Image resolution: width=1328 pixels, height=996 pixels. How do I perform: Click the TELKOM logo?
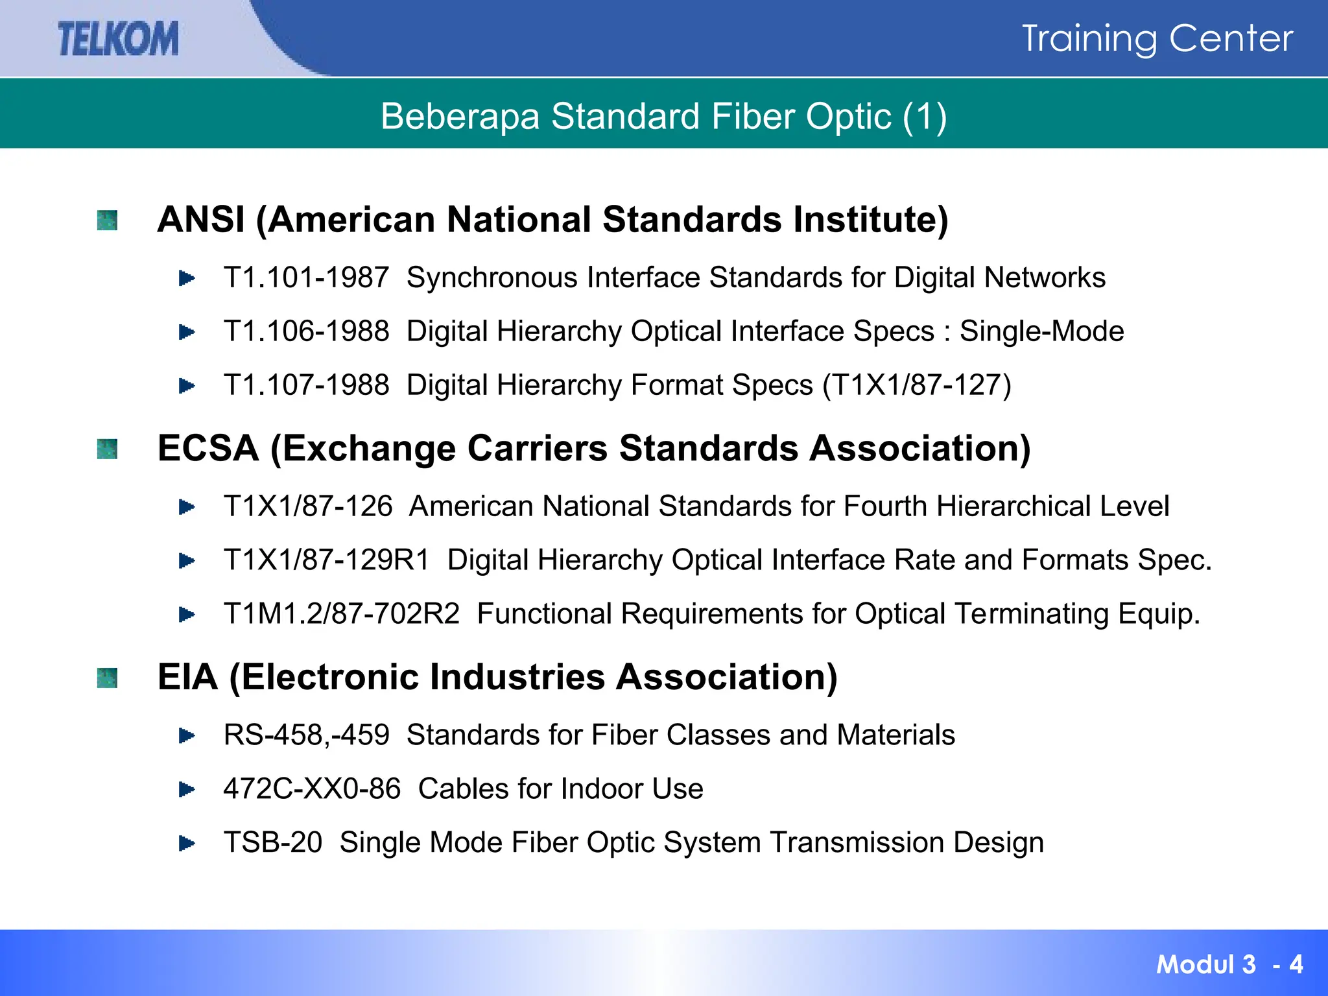tap(118, 38)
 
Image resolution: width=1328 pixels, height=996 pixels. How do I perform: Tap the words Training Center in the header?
tap(1157, 38)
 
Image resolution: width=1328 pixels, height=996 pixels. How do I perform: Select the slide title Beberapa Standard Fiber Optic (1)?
tap(663, 117)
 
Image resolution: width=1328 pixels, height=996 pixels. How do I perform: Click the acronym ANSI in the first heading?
tap(201, 219)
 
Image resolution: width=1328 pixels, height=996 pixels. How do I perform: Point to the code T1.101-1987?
tap(306, 278)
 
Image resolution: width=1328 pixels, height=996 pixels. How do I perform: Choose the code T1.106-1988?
tap(306, 331)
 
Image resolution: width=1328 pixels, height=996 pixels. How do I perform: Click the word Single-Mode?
tap(1041, 331)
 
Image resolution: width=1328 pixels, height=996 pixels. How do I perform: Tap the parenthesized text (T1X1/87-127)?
tap(916, 385)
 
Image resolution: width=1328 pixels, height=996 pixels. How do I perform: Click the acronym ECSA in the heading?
tap(208, 448)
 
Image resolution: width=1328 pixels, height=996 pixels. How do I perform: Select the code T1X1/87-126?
tap(308, 506)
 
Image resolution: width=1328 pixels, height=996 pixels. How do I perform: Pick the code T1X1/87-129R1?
tap(326, 560)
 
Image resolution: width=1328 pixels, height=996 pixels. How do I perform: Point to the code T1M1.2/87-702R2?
tap(341, 614)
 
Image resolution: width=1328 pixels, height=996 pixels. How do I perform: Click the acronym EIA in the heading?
tap(187, 677)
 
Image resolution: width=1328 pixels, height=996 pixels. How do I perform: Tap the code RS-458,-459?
tap(306, 735)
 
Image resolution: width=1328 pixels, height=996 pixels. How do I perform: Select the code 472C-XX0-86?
tap(312, 789)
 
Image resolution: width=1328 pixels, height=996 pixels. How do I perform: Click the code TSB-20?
tap(272, 843)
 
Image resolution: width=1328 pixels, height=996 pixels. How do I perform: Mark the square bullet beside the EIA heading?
tap(107, 678)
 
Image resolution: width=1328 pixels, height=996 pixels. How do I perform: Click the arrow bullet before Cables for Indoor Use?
tap(187, 789)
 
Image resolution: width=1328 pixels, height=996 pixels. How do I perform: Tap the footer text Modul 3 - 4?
tap(1229, 964)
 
